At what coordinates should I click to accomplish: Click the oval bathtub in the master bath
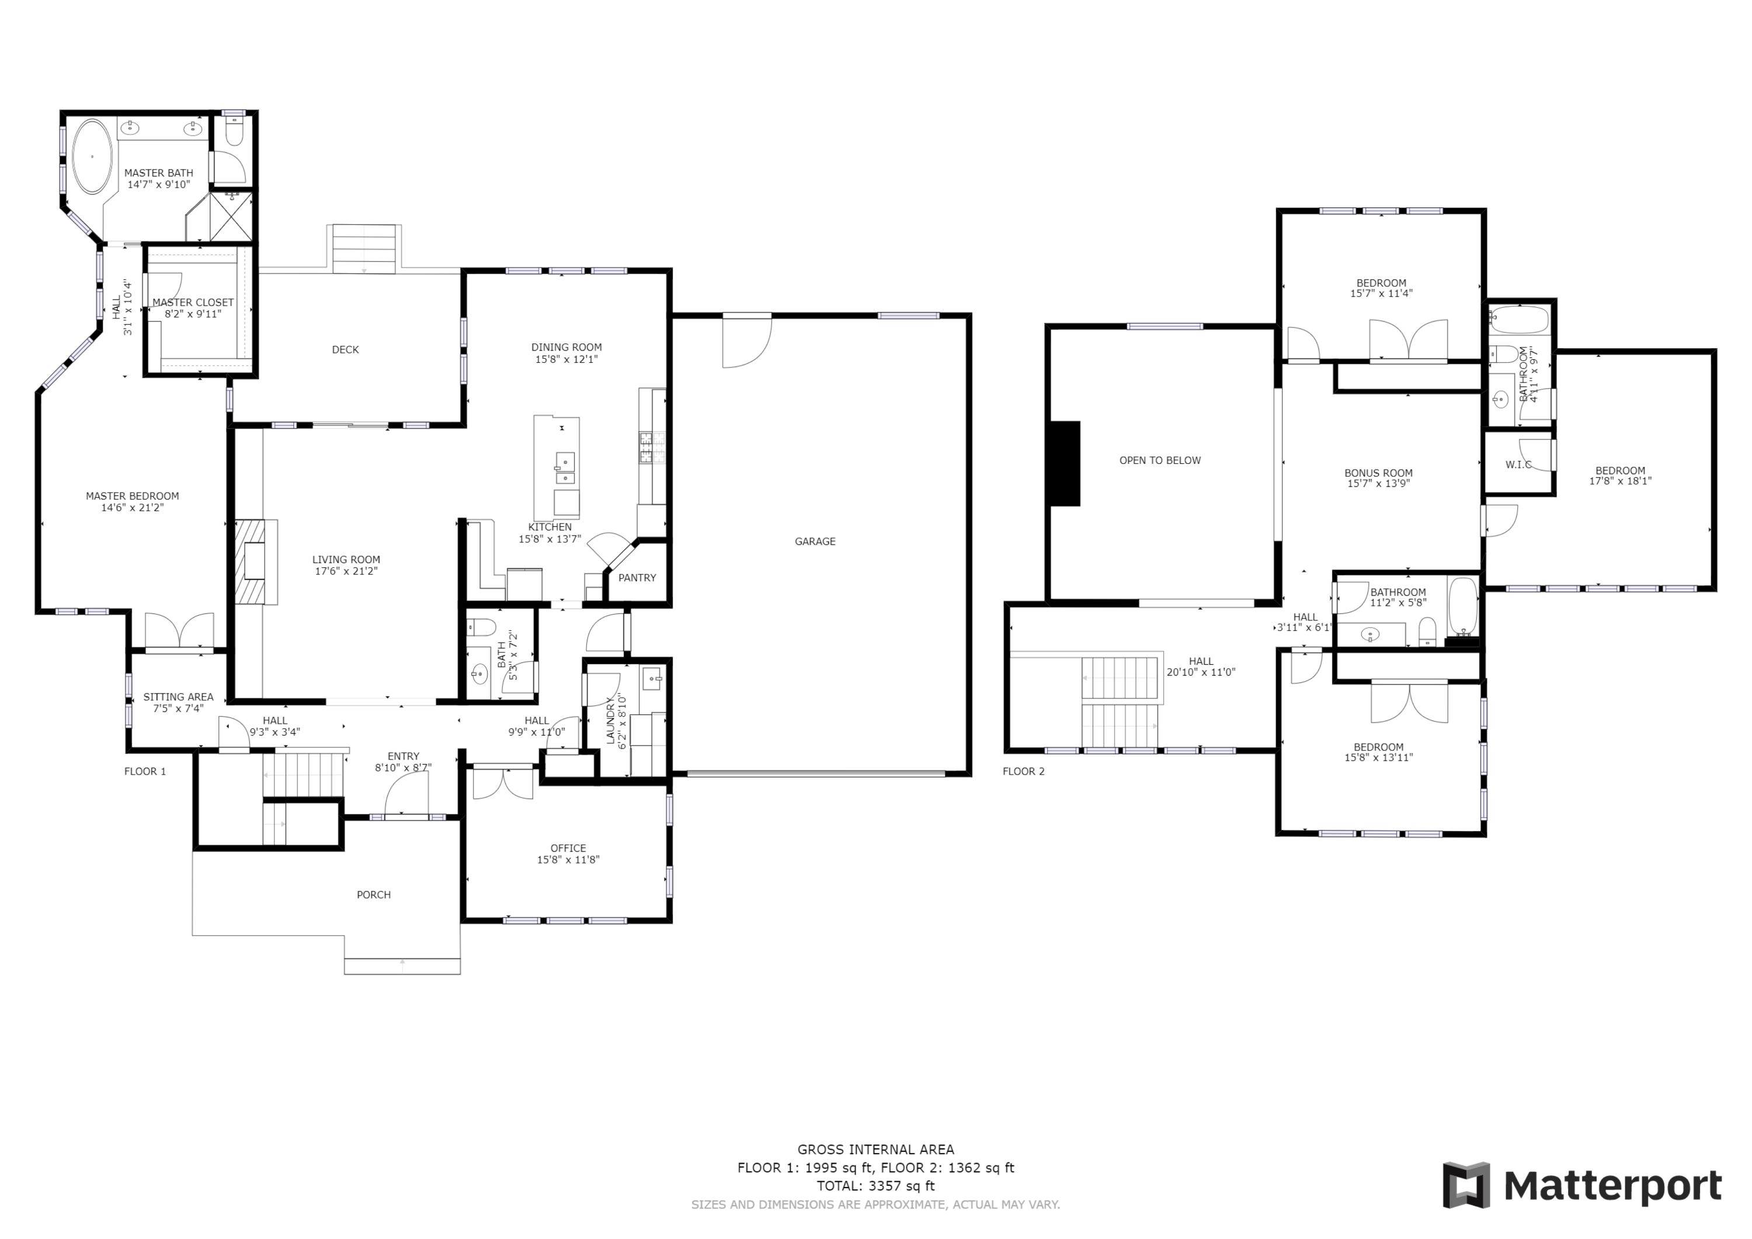92,157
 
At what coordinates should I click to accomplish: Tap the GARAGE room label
815,542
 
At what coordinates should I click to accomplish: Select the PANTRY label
637,578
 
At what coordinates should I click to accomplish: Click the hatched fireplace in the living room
251,563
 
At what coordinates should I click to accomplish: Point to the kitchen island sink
565,468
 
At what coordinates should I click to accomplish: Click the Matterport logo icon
1466,1186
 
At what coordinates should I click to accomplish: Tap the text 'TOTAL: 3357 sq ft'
875,1186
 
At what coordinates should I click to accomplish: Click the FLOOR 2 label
1023,771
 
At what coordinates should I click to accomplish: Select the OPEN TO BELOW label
1159,460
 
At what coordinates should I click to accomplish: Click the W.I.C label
1518,464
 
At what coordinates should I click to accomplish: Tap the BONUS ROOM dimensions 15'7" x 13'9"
1378,483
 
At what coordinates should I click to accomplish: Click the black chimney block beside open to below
1066,463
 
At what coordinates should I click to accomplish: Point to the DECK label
345,350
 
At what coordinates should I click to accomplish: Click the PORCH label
373,895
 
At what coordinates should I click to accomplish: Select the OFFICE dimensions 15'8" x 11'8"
568,860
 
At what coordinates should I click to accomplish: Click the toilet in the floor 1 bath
481,627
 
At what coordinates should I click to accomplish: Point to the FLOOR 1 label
145,771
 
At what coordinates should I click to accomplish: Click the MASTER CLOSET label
193,303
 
